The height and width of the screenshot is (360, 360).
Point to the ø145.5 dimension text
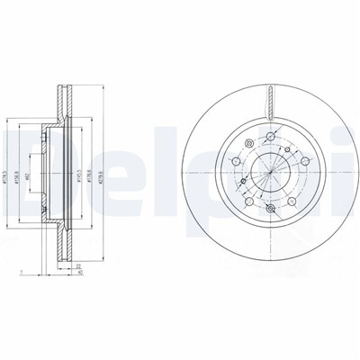(82, 166)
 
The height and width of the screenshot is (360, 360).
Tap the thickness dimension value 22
(79, 265)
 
